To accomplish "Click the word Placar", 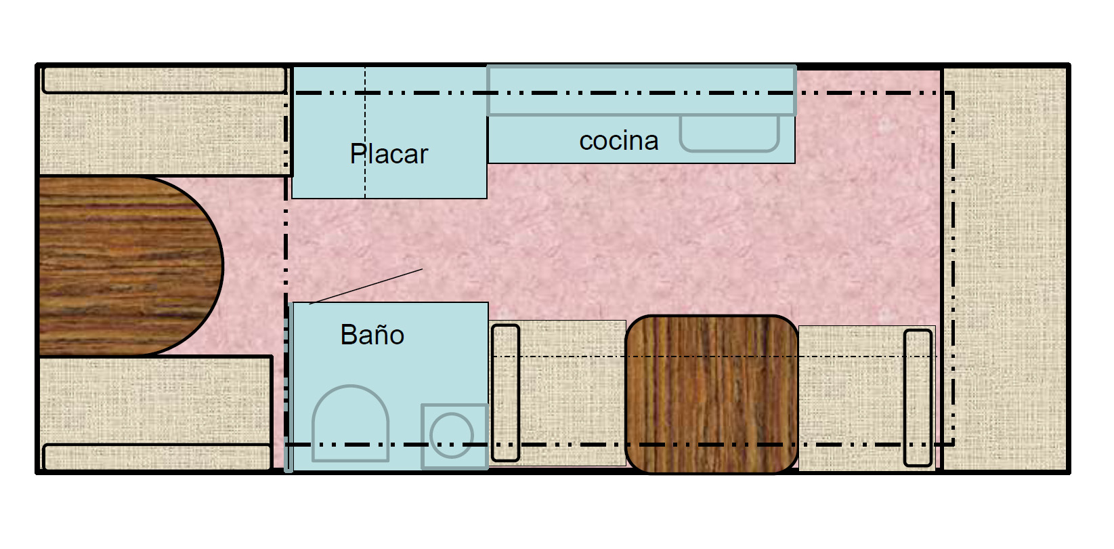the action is pyautogui.click(x=389, y=154).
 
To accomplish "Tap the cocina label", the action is pyautogui.click(x=619, y=141).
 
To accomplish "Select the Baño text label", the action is pyautogui.click(x=372, y=334).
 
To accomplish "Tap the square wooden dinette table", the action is pyautogui.click(x=712, y=394).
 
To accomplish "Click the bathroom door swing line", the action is pyautogui.click(x=366, y=286).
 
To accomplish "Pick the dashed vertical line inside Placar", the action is pyautogui.click(x=365, y=132).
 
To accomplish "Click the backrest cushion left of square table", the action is pyautogui.click(x=505, y=393).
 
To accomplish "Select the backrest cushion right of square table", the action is pyautogui.click(x=918, y=398).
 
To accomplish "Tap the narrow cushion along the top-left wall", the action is pyautogui.click(x=165, y=79).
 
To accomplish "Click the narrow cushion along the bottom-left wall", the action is pyautogui.click(x=157, y=456).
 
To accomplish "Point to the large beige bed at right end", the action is pyautogui.click(x=1004, y=269).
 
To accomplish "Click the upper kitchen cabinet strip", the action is pyautogui.click(x=641, y=90).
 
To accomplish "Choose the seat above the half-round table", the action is pyautogui.click(x=164, y=121).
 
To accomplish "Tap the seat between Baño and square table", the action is pyautogui.click(x=557, y=392).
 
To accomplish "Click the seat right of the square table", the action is pyautogui.click(x=867, y=397).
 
